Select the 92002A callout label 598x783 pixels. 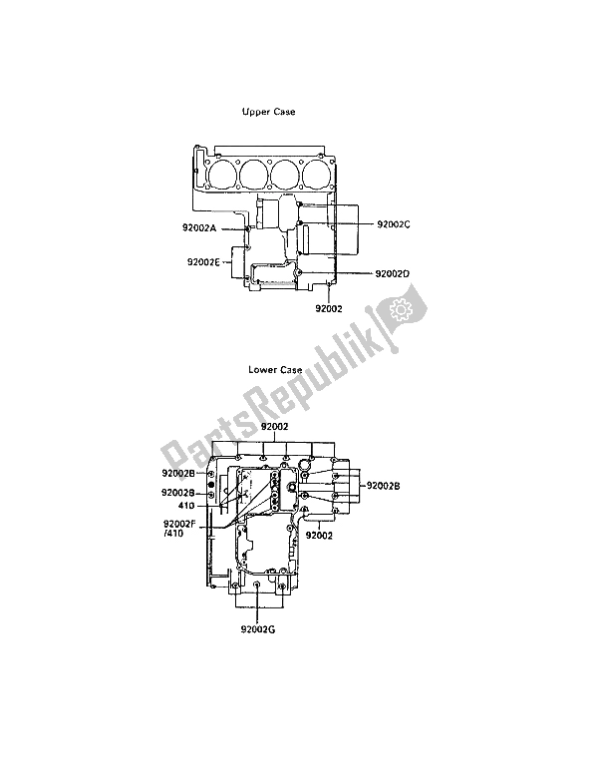click(199, 228)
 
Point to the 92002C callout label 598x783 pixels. click(394, 224)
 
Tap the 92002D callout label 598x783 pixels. click(393, 273)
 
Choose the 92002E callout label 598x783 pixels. click(203, 261)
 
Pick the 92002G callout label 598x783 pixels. click(257, 629)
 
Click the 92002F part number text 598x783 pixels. click(180, 525)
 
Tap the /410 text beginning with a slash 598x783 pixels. click(173, 534)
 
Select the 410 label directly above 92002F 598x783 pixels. click(186, 506)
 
